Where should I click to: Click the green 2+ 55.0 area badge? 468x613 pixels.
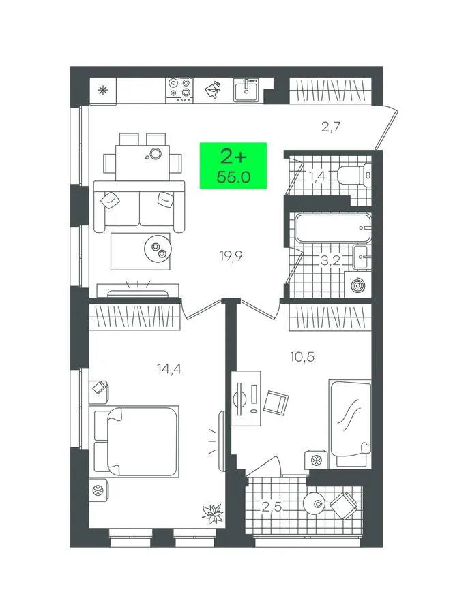pos(233,166)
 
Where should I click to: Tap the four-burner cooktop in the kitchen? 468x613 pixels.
pos(179,90)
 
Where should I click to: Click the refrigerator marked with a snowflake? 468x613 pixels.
pos(103,91)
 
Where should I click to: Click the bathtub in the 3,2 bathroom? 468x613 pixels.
pos(333,227)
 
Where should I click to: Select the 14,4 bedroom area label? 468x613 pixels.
pos(169,368)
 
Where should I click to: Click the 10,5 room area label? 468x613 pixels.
pos(302,357)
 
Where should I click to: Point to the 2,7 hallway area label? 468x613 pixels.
pos(331,127)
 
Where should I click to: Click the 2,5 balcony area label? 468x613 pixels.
pos(272,507)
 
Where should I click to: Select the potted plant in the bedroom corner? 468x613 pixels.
pos(213,514)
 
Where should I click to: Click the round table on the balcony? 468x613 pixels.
pos(314,503)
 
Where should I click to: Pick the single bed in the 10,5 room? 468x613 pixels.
pos(350,423)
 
